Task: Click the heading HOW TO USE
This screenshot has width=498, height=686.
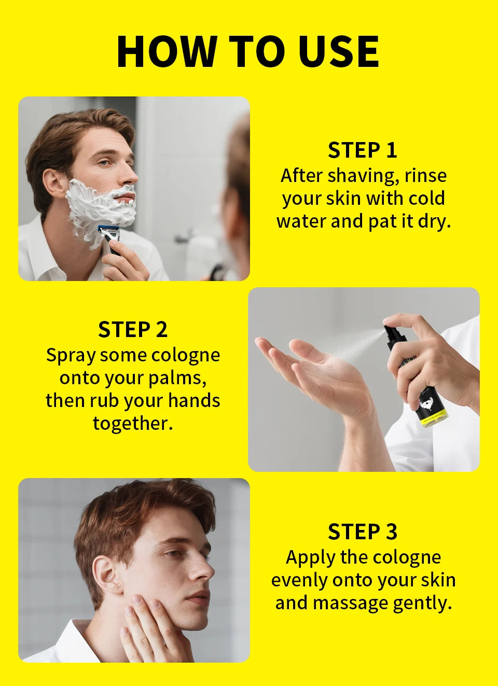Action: (248, 51)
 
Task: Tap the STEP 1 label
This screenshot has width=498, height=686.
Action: (363, 150)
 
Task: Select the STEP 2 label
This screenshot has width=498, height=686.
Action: (133, 330)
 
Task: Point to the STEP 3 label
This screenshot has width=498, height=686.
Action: (363, 532)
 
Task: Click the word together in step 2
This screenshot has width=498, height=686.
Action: (132, 424)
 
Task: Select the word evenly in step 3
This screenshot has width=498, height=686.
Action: (299, 580)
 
